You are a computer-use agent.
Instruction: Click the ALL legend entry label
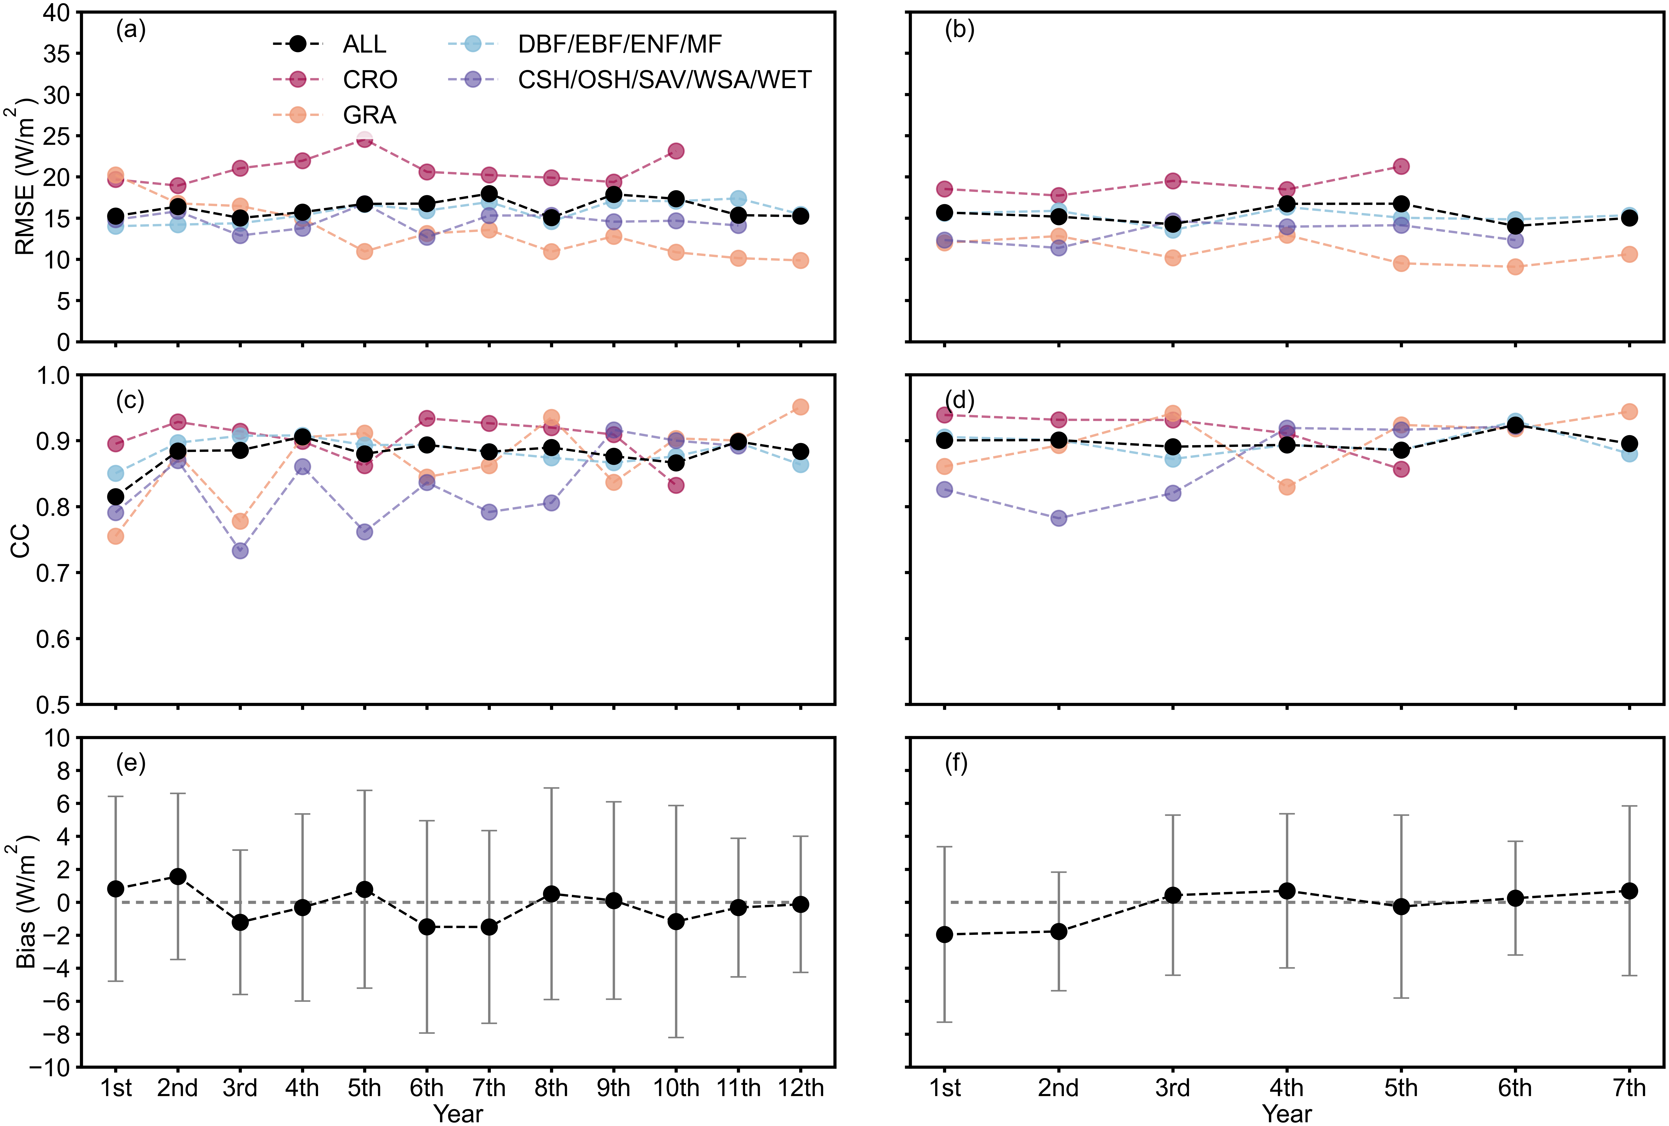[x=364, y=45]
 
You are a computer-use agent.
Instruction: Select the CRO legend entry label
[x=370, y=80]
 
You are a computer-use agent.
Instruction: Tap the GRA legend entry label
[x=369, y=115]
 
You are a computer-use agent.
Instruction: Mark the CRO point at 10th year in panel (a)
[x=676, y=151]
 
